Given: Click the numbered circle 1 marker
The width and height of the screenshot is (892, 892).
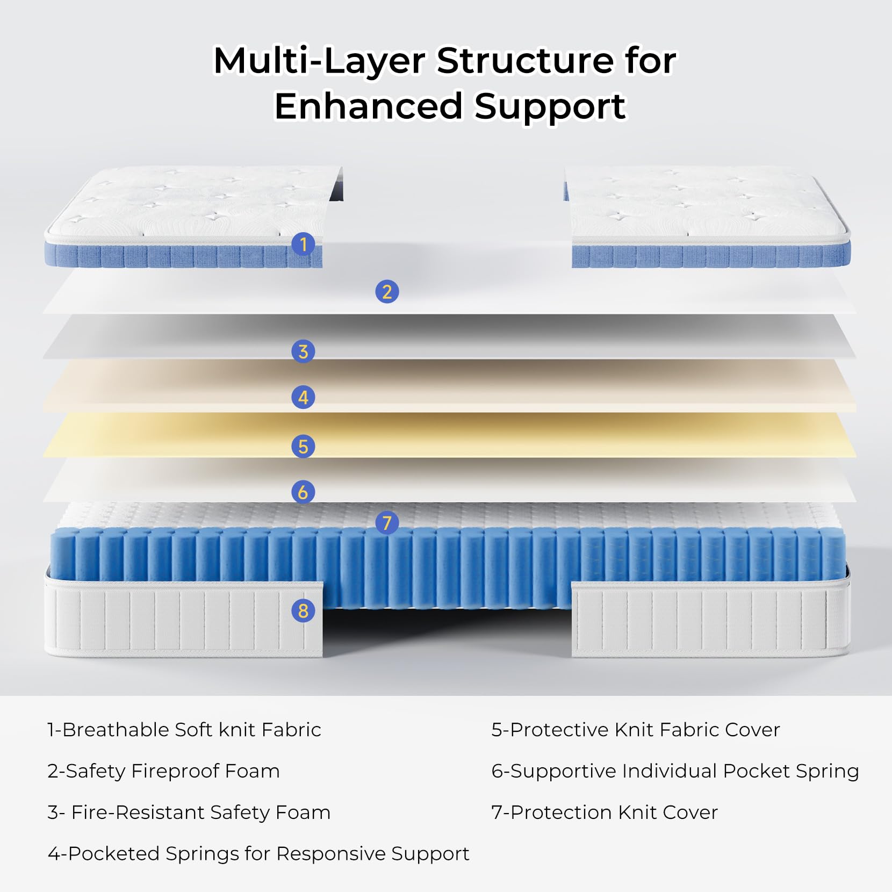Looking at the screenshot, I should pos(303,244).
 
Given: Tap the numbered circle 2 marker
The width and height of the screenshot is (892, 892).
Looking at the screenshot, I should pos(387,292).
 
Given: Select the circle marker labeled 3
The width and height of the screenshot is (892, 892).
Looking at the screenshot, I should pos(303,351).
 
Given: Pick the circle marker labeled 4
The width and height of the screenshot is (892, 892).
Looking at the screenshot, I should pos(303,398).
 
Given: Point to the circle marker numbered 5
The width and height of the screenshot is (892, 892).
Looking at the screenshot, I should pos(303,447).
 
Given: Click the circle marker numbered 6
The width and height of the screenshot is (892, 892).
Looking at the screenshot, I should pos(303,492).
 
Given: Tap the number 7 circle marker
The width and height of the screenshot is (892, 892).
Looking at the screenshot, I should pos(387,522).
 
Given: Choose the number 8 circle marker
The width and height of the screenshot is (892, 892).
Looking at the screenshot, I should pos(303,610).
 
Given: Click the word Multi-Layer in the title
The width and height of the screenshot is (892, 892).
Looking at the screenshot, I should pos(320,61).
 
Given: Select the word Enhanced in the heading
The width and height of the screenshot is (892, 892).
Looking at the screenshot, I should pos(369,106).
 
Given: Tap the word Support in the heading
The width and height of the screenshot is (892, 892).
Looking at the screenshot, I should pos(550,106).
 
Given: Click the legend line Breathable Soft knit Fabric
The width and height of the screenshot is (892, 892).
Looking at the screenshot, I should pos(184,730).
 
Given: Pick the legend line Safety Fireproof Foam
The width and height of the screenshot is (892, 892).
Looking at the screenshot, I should pos(163,771).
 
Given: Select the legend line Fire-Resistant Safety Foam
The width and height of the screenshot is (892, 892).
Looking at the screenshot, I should pos(189,812).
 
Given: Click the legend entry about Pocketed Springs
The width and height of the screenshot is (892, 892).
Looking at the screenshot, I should pos(258,854).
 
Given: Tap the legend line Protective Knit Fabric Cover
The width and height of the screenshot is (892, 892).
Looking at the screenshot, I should pos(635,730).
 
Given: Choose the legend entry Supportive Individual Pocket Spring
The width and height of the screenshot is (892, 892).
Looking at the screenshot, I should pos(675,771).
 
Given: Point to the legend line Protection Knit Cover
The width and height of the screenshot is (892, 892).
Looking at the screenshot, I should pos(605,812).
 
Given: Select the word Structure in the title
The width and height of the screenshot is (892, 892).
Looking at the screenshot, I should pos(524,61).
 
